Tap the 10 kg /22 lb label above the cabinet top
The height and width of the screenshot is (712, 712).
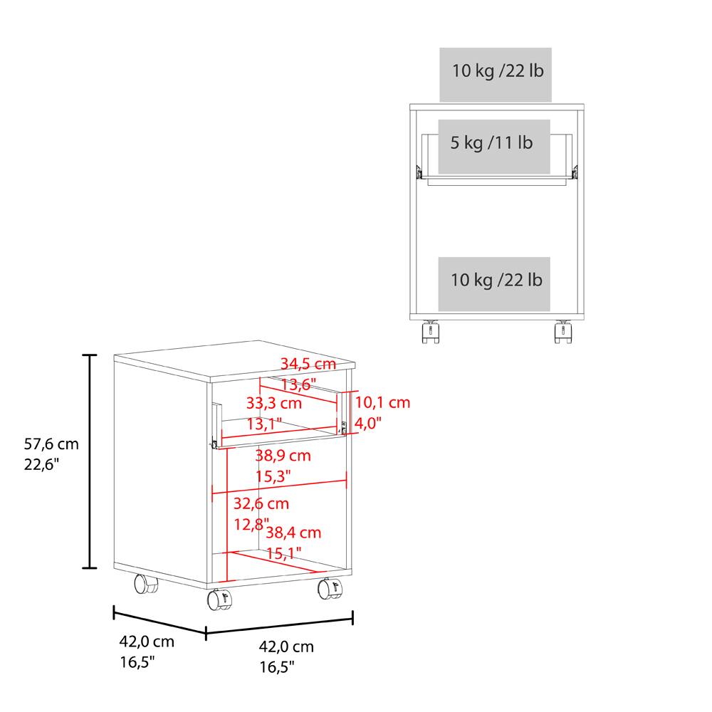click(x=496, y=71)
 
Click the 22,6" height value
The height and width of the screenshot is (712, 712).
click(x=41, y=465)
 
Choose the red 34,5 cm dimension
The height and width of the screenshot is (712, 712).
click(x=308, y=364)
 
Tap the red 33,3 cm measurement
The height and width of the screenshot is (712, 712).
click(x=274, y=403)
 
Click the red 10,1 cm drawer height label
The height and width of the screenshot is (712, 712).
click(x=382, y=403)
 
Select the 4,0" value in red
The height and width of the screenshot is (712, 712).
click(x=369, y=423)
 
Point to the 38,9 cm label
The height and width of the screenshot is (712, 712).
click(x=283, y=454)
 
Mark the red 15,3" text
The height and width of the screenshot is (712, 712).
click(x=273, y=475)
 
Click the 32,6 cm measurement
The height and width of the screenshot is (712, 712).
click(x=261, y=504)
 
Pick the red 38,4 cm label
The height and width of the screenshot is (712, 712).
click(x=293, y=533)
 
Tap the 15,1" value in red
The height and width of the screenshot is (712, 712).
click(x=283, y=553)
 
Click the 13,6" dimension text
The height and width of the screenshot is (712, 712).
click(x=298, y=384)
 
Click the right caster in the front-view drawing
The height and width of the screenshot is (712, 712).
click(x=563, y=331)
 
